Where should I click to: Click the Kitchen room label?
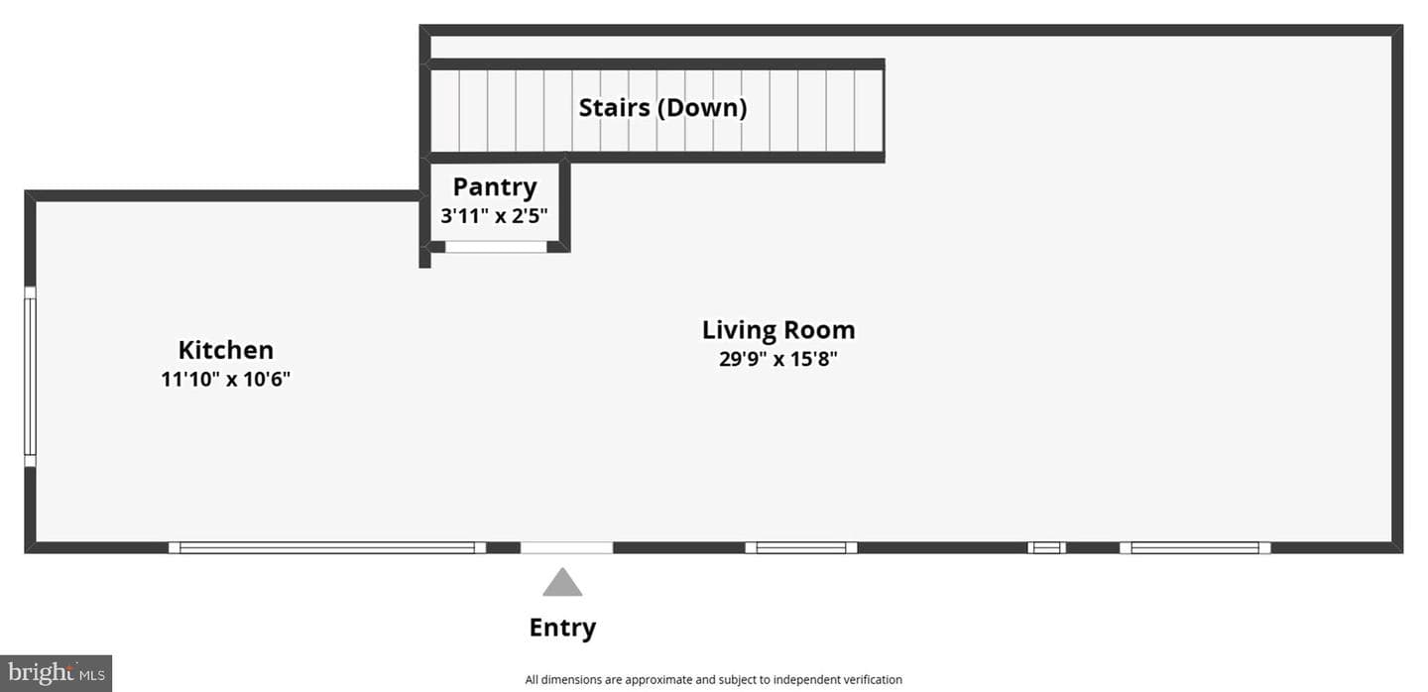(x=226, y=350)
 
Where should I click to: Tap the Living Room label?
(x=778, y=330)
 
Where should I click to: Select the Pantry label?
(x=495, y=187)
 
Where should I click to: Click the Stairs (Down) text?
(x=662, y=108)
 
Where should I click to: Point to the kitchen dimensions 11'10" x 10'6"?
(x=226, y=379)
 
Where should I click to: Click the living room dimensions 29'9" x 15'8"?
(x=778, y=359)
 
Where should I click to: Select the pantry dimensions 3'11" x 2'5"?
(x=494, y=215)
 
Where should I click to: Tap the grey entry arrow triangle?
(x=562, y=582)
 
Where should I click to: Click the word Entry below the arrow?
(x=562, y=628)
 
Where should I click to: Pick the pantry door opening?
(x=496, y=247)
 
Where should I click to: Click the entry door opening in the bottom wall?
(x=567, y=547)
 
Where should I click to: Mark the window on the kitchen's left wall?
(x=30, y=377)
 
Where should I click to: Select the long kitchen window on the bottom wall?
(x=327, y=547)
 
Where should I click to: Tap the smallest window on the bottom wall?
(x=1046, y=547)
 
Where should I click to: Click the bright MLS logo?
(x=57, y=673)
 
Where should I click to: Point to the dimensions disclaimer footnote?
(x=713, y=680)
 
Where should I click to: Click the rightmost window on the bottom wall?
(x=1195, y=547)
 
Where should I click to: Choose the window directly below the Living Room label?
(x=801, y=547)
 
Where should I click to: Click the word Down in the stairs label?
(x=702, y=108)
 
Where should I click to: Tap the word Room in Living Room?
(x=819, y=330)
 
